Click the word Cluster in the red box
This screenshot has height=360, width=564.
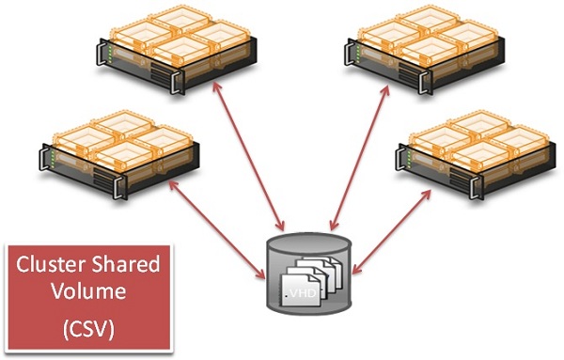click(48, 266)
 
